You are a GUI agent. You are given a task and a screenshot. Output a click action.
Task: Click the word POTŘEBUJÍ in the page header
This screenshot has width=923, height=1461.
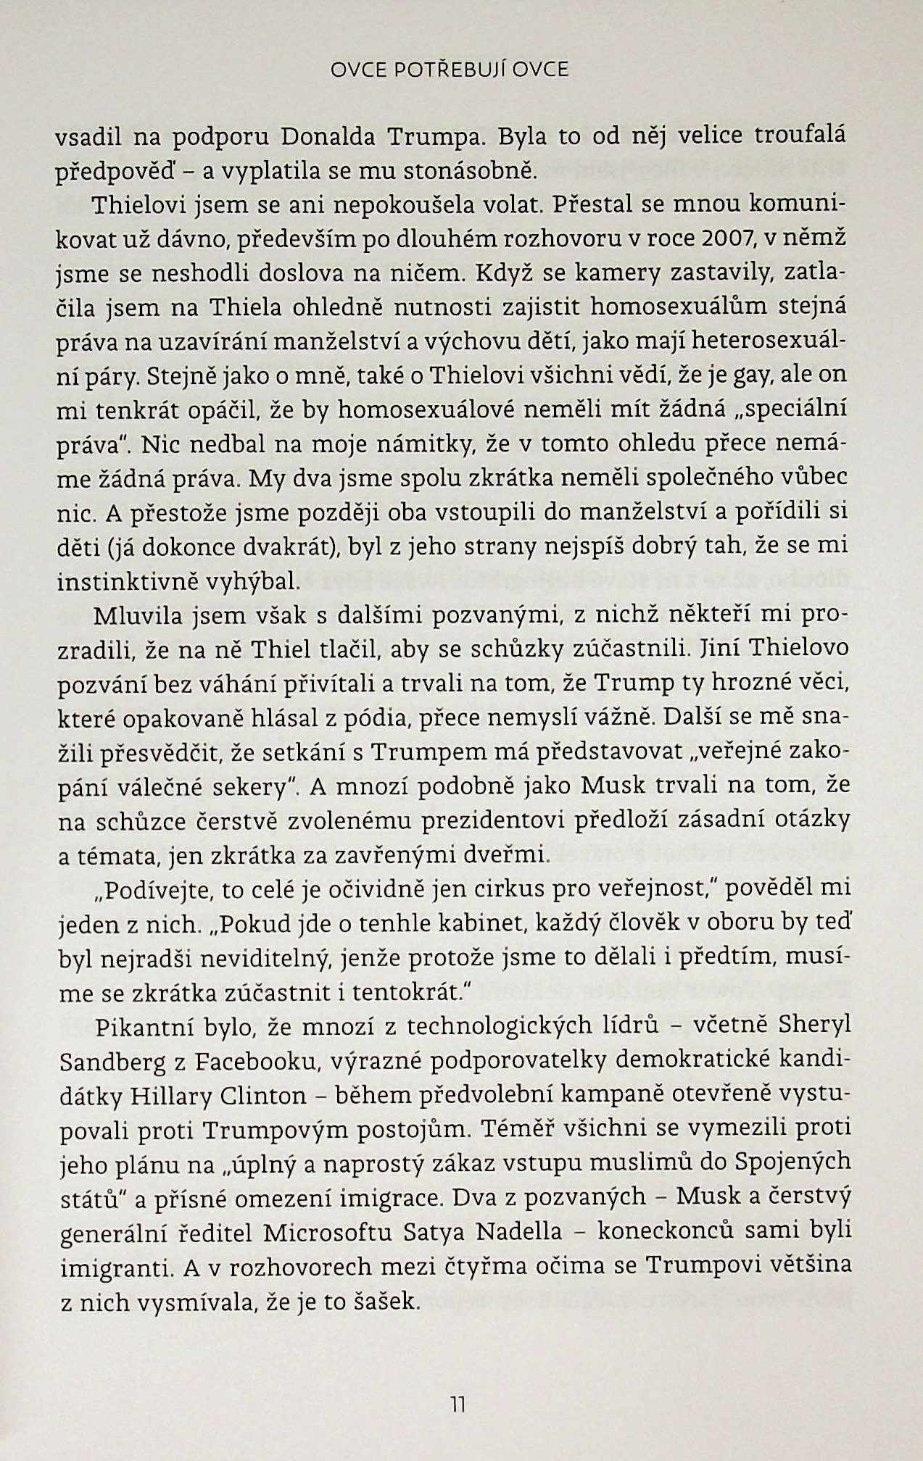pos(450,70)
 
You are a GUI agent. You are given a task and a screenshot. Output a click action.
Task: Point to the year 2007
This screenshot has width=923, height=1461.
pos(729,238)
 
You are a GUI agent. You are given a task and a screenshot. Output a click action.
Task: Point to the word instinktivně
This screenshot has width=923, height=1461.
pos(126,581)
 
